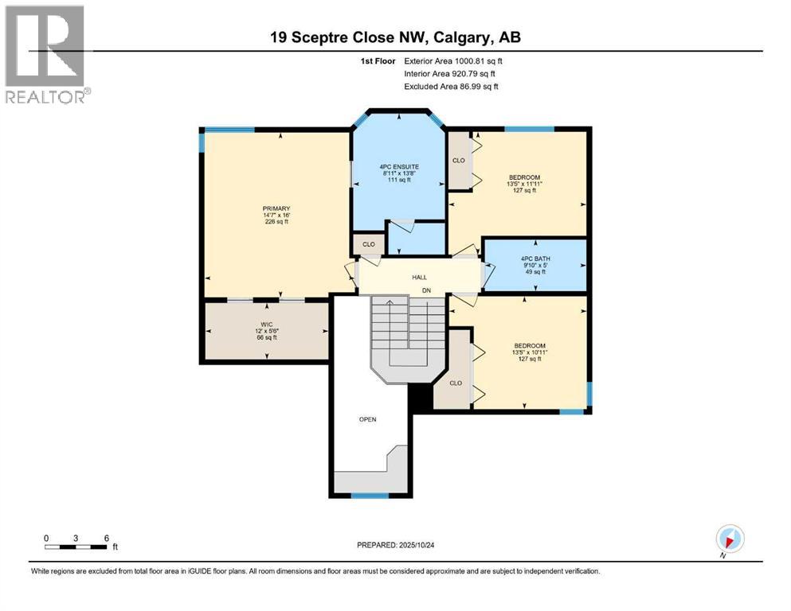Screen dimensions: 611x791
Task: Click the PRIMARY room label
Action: pos(276,208)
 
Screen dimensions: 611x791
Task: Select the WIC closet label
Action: pos(267,325)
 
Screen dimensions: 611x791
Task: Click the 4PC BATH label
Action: pos(535,259)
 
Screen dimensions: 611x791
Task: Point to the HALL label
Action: pos(420,277)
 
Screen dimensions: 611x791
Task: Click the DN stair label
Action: pos(427,291)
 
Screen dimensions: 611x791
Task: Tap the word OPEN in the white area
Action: pos(367,418)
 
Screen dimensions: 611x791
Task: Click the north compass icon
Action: pos(730,539)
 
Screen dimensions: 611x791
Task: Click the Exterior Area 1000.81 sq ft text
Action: pos(453,60)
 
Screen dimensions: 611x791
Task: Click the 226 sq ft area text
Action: pos(276,222)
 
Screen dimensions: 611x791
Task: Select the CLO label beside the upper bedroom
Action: pos(459,160)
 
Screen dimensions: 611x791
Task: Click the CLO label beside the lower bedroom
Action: pos(456,383)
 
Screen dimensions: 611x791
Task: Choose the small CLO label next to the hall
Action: pos(369,244)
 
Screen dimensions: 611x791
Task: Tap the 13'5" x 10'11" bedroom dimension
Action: pos(527,352)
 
